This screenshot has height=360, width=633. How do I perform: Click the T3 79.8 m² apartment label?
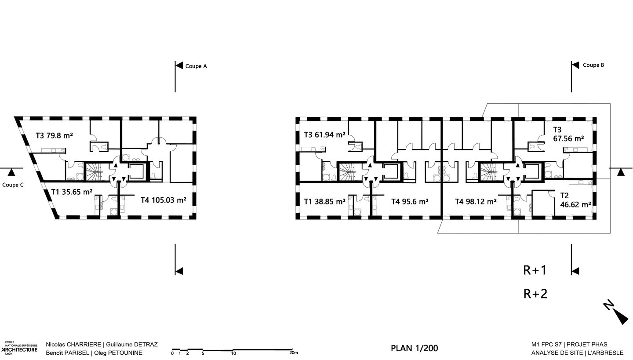[54, 136]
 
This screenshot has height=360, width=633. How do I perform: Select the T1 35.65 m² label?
[72, 192]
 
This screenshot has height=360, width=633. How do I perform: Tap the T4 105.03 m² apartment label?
[164, 200]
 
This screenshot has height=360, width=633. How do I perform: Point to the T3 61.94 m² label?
[325, 135]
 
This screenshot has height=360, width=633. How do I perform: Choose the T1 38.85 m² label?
[325, 201]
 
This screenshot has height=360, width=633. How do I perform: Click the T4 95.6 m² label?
[410, 201]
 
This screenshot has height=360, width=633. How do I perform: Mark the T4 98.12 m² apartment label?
[476, 201]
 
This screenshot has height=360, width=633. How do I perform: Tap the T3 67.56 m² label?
[568, 134]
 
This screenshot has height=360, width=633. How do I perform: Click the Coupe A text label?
[196, 66]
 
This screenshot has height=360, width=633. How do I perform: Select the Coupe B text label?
[593, 65]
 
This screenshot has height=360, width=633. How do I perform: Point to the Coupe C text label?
[13, 185]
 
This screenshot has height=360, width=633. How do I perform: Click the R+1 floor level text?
[535, 270]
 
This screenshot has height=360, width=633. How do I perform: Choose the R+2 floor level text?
[535, 294]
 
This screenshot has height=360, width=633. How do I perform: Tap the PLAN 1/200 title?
[414, 348]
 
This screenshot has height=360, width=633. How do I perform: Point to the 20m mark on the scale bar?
[294, 353]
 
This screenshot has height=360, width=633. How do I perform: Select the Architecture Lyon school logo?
[19, 348]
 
